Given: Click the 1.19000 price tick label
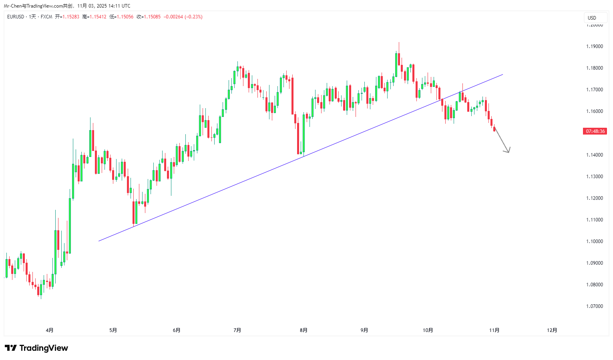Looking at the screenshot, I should pos(594,46).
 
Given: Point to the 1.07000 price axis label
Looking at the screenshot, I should pos(594,306).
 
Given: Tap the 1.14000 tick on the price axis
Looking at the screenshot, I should pos(594,155).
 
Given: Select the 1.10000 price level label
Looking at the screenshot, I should pos(594,241).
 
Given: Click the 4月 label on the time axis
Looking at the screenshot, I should pos(50,330).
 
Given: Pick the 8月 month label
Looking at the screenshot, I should pos(303,330).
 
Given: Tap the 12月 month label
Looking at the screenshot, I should pos(552,330).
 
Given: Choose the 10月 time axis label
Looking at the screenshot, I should pos(428,330).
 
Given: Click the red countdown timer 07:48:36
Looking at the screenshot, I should pos(595,131).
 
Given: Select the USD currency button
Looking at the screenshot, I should pos(592,18).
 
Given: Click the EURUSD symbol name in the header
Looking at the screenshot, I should pos(16,17).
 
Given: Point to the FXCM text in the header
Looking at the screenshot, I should pos(46,17).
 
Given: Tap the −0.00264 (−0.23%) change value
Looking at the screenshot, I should pos(183,17).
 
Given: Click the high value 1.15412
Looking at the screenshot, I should pos(98,17).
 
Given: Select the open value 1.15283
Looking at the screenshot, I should pos(70,17).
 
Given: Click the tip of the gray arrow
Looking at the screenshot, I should pos(508,153).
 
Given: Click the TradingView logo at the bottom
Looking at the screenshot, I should pos(36,348).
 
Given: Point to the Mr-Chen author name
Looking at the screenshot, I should pos(12,6).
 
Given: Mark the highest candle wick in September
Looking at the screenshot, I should pos(399,42).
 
